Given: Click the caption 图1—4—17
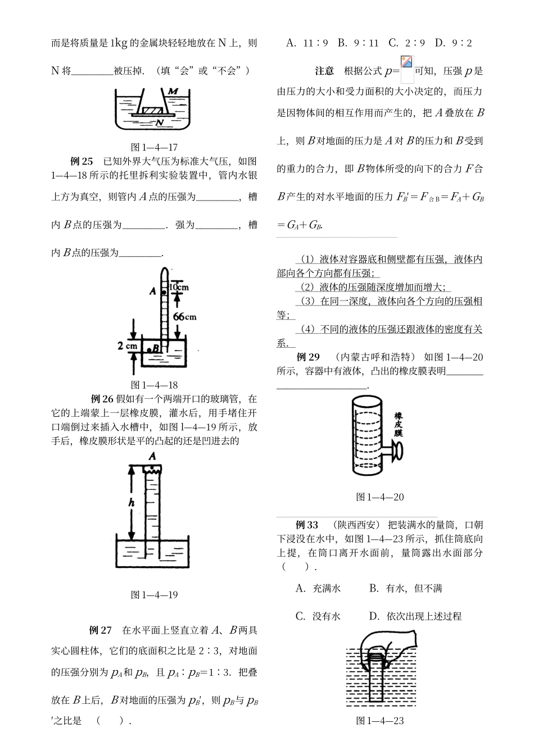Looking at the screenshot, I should click(154, 147).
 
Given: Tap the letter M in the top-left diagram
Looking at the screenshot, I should click(173, 91).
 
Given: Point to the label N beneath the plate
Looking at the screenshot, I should click(160, 122).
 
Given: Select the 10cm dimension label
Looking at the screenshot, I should click(178, 286).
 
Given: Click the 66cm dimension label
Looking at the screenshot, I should click(184, 317).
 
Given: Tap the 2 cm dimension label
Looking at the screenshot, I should click(128, 346).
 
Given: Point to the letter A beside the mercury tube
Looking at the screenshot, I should click(152, 291).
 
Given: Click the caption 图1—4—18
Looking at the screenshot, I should click(154, 385).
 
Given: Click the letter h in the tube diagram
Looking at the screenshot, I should click(131, 503).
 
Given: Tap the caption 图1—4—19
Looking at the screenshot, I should click(154, 594).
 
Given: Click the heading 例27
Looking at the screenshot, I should click(101, 630).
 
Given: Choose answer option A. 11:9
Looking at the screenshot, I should click(307, 43).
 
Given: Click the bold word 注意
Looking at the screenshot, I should click(324, 71).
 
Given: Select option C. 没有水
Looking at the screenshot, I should click(318, 616).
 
